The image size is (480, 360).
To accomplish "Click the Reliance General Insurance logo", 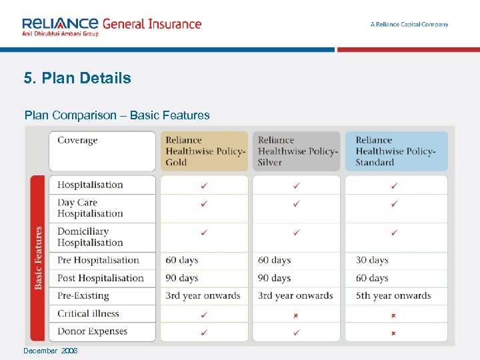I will click(x=111, y=26).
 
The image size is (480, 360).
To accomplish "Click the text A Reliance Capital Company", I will click(x=409, y=25).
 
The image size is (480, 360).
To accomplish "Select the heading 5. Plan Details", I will click(x=77, y=78).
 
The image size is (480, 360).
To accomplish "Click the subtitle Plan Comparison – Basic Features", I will click(x=117, y=115).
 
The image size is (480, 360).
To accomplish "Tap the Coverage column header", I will click(x=77, y=140).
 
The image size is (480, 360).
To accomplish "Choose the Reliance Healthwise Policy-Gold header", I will click(x=205, y=151).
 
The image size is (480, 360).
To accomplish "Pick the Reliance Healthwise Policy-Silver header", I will click(x=297, y=151).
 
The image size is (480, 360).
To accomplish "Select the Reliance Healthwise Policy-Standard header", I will click(x=395, y=151).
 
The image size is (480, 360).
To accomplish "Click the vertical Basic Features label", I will click(x=39, y=258).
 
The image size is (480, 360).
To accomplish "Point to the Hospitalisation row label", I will click(x=90, y=185).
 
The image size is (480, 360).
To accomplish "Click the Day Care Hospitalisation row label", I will click(x=90, y=208).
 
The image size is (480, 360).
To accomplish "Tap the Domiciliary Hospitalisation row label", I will click(x=90, y=237).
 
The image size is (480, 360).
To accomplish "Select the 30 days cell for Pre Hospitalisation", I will click(x=372, y=260).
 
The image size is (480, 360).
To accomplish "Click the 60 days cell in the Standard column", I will click(x=372, y=278).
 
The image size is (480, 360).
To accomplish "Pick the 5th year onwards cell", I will click(x=393, y=295).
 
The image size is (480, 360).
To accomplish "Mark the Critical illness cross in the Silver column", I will click(x=296, y=314).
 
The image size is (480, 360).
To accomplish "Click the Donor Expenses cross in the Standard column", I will click(x=394, y=332).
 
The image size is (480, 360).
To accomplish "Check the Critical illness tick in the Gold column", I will click(x=204, y=314).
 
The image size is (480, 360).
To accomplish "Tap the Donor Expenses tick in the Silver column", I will click(x=296, y=332).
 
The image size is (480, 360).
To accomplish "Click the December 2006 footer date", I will click(x=50, y=351).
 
